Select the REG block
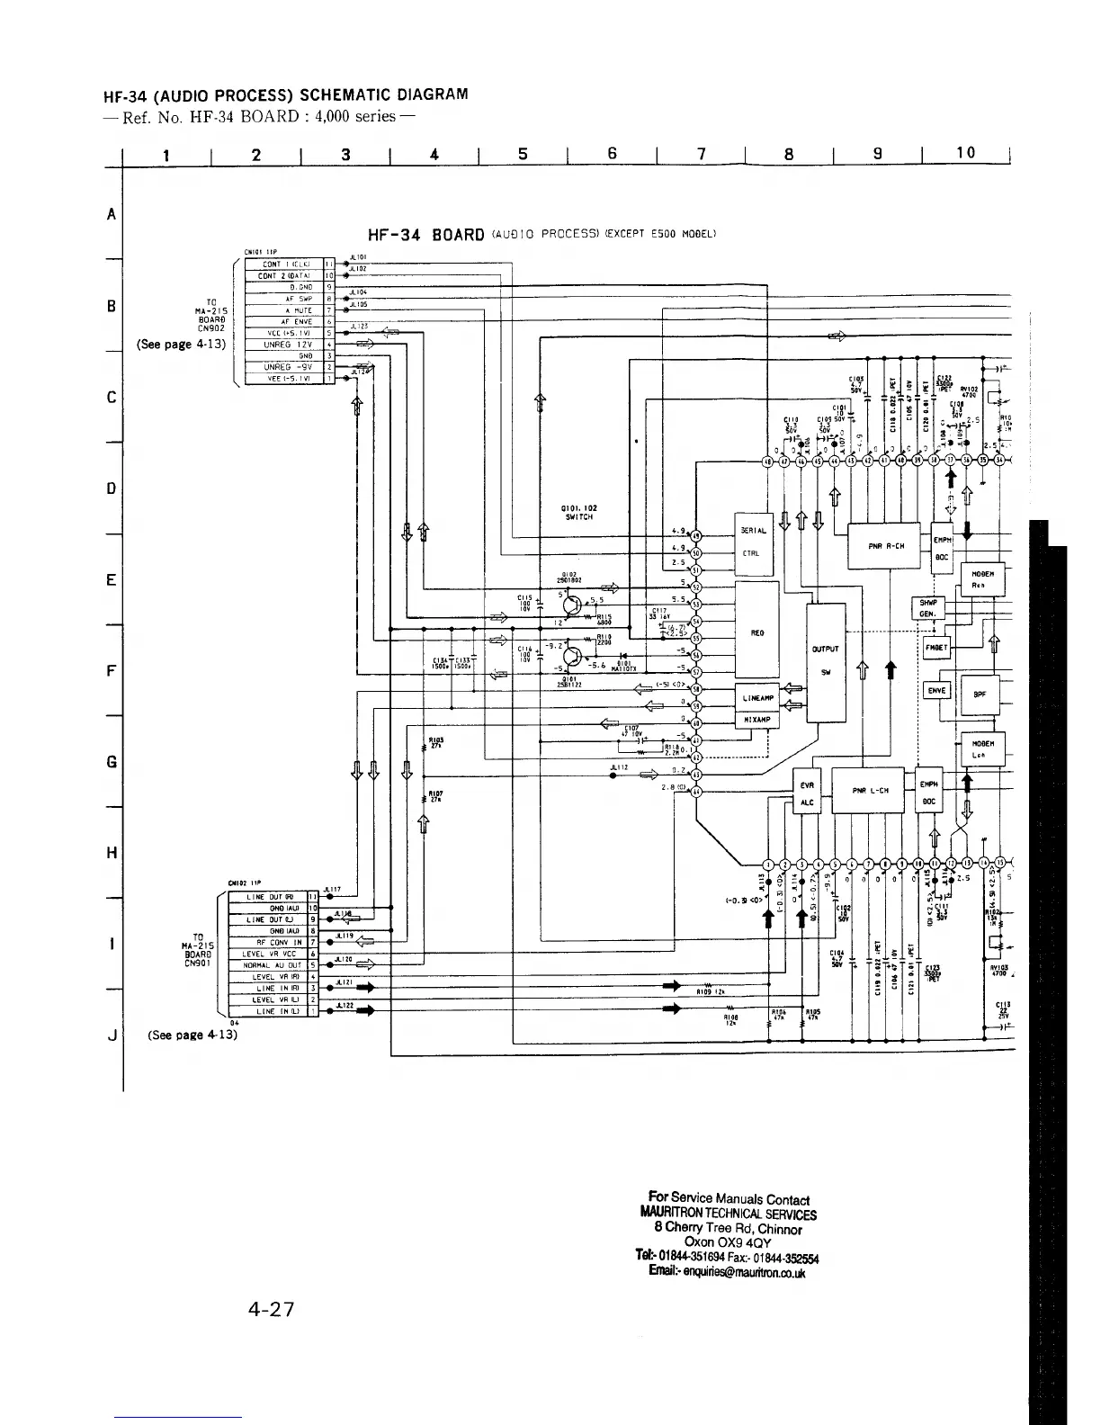(x=756, y=631)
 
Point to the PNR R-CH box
(x=884, y=546)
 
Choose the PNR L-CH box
(x=870, y=791)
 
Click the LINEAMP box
(x=756, y=698)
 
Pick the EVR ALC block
(x=806, y=793)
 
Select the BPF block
(x=979, y=694)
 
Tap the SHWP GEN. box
(x=926, y=608)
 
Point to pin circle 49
(x=695, y=536)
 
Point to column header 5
(x=523, y=154)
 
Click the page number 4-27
(x=271, y=1309)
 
